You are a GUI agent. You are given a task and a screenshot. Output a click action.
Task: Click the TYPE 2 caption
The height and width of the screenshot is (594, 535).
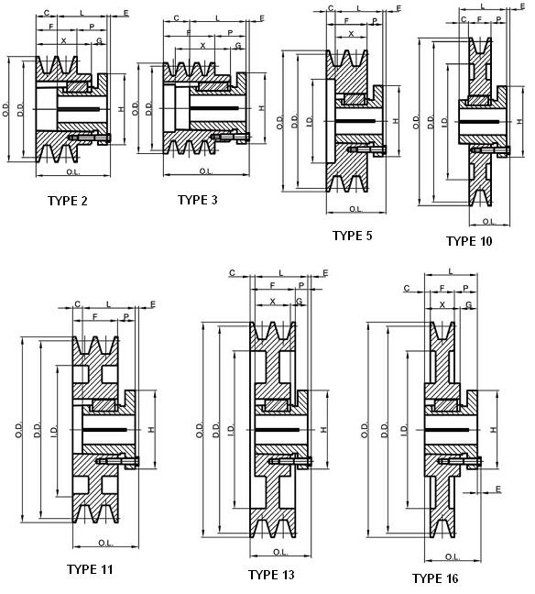pyautogui.click(x=68, y=201)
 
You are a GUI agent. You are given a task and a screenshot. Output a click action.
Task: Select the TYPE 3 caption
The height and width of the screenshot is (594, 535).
pyautogui.click(x=198, y=200)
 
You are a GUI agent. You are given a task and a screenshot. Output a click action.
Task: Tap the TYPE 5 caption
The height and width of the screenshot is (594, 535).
pyautogui.click(x=353, y=236)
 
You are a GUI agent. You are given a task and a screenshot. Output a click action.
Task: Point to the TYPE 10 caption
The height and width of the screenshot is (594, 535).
pyautogui.click(x=469, y=241)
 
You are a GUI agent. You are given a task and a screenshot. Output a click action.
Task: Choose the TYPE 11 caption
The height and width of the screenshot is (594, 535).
pyautogui.click(x=90, y=569)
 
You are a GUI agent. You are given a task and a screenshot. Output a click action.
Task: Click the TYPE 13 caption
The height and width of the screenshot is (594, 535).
pyautogui.click(x=271, y=575)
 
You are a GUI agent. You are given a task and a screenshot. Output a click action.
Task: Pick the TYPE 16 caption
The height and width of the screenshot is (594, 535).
pyautogui.click(x=435, y=578)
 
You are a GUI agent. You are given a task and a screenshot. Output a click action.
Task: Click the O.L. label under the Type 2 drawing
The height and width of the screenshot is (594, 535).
pyautogui.click(x=73, y=172)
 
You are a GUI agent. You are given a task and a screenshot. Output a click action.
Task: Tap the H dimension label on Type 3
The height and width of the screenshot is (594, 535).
pyautogui.click(x=262, y=108)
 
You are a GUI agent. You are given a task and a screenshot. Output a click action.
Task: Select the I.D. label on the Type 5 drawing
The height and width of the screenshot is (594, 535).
pyautogui.click(x=310, y=121)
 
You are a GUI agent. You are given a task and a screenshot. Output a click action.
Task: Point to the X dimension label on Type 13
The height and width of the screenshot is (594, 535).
pyautogui.click(x=273, y=302)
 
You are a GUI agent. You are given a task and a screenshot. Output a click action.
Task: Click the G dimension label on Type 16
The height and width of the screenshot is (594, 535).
pyautogui.click(x=469, y=304)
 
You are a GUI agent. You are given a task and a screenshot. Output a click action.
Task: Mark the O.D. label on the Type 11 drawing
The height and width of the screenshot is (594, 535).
pyautogui.click(x=19, y=430)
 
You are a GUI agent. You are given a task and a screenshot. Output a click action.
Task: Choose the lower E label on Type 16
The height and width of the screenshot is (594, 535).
pyautogui.click(x=498, y=489)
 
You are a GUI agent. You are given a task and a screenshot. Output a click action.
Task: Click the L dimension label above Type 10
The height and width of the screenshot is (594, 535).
pyautogui.click(x=483, y=6)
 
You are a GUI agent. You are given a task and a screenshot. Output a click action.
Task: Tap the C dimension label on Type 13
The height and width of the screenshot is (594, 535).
pyautogui.click(x=232, y=273)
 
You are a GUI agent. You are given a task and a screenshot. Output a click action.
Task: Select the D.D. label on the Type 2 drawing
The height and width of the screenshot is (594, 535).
pyautogui.click(x=21, y=109)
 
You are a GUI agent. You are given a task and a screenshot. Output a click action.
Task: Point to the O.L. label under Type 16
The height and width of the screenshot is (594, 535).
pyautogui.click(x=452, y=557)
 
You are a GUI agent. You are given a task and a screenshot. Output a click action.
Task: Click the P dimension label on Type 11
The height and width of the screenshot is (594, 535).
pyautogui.click(x=126, y=316)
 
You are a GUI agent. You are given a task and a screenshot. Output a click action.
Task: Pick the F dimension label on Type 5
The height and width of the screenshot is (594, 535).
pyautogui.click(x=346, y=21)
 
